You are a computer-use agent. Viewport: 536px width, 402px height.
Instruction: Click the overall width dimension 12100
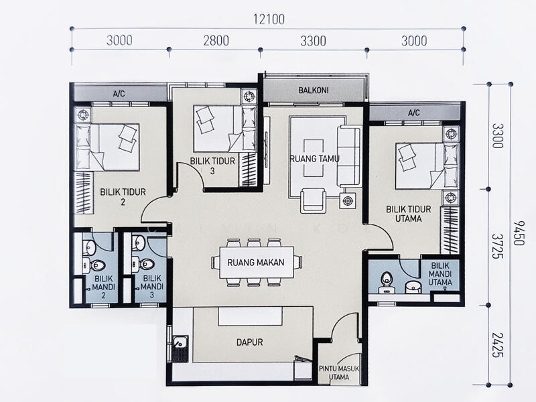coord(269,19)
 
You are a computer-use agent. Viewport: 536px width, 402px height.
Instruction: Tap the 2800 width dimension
coord(216,41)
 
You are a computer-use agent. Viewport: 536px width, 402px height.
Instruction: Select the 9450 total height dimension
coord(518,232)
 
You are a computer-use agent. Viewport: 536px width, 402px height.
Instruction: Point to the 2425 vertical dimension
coord(498,345)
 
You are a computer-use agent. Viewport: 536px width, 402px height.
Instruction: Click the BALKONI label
coord(314,90)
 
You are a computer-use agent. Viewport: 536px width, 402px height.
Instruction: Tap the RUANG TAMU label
coord(315,159)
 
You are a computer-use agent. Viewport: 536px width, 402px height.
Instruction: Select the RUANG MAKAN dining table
coord(257,263)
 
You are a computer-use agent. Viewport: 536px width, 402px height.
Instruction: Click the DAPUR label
coord(249,342)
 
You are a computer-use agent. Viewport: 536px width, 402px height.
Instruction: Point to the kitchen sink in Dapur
coord(180,348)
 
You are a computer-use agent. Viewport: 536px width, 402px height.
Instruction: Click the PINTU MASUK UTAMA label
coord(339,373)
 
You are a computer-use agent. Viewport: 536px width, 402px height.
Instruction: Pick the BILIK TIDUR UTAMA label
coord(409,214)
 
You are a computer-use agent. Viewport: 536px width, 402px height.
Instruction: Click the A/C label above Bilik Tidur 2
coord(119,94)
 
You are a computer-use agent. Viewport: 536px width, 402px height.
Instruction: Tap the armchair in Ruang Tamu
coord(314,201)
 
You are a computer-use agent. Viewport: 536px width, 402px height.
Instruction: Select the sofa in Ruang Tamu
coord(349,156)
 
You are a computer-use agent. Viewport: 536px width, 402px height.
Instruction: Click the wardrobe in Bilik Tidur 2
coord(84,193)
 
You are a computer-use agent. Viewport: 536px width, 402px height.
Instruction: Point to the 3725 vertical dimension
coord(498,247)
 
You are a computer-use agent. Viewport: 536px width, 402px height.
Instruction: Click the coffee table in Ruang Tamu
coord(314,158)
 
